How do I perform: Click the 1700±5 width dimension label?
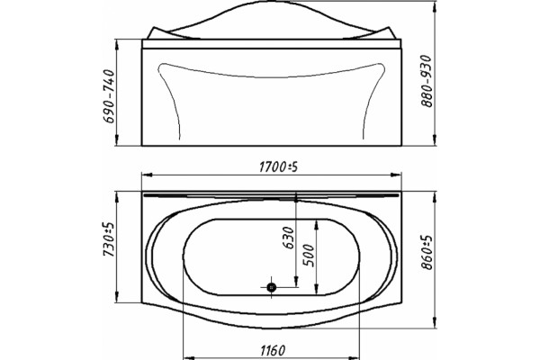[x=278, y=167]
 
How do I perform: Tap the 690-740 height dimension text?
[x=109, y=96]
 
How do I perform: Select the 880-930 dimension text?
[x=427, y=81]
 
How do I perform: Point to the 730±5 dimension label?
[x=109, y=239]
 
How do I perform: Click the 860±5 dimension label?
[x=427, y=253]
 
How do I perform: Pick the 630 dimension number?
[x=288, y=238]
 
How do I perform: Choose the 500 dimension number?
[x=309, y=256]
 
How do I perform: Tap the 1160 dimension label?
[x=273, y=351]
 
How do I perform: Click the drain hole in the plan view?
[x=272, y=286]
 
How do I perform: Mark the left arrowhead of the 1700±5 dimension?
[x=147, y=175]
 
